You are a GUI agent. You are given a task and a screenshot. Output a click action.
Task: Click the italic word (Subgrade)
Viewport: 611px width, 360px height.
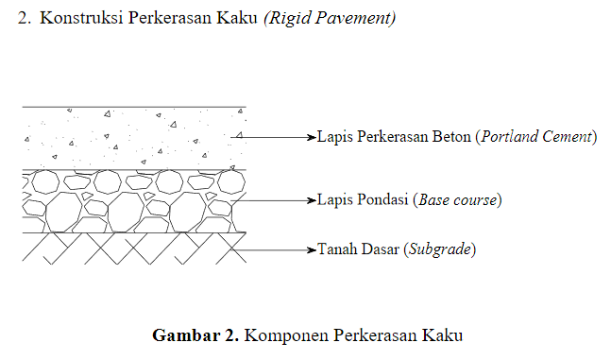click(439, 250)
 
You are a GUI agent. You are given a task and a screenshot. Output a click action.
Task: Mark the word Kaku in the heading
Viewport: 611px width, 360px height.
click(237, 19)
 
